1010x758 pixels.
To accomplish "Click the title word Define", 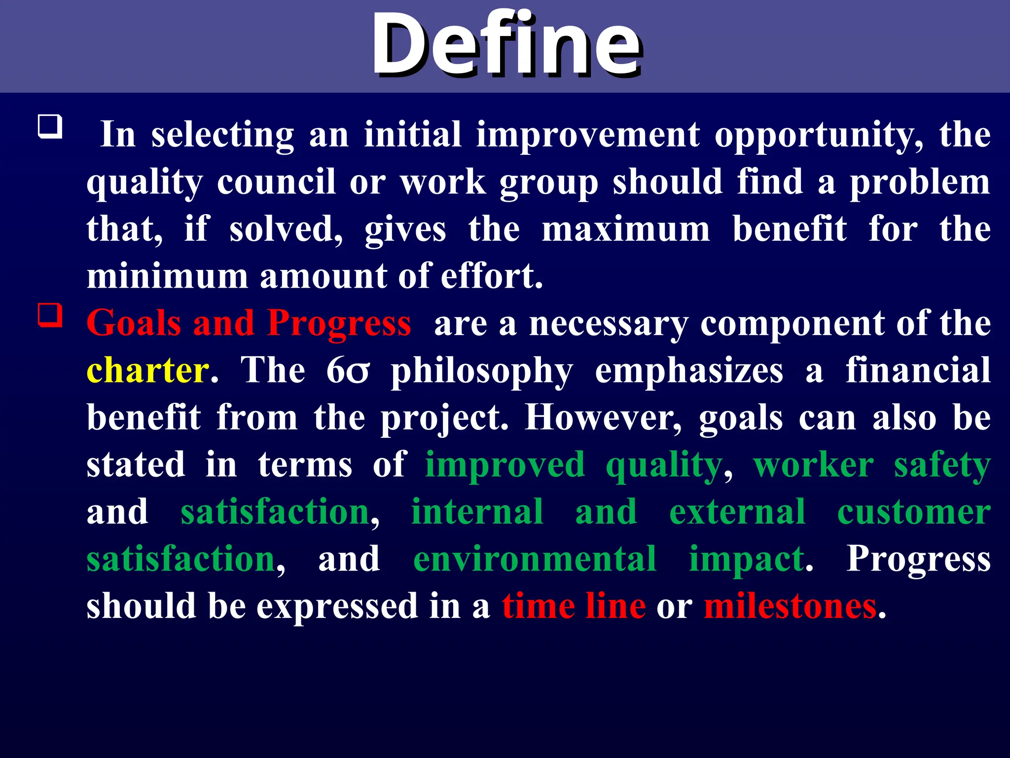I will pos(506,45).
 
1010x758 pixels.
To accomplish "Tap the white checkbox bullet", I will pos(50,127).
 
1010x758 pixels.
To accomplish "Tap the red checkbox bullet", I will pos(50,315).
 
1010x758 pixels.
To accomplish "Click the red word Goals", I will pos(134,323).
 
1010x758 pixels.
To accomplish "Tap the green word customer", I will pos(914,512).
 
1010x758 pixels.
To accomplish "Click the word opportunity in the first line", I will pos(819,136).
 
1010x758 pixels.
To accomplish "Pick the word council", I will pos(276,182).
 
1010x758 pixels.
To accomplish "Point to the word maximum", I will pos(626,229).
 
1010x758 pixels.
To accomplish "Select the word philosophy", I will pos(482,371).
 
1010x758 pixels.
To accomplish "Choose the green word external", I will pos(737,512).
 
